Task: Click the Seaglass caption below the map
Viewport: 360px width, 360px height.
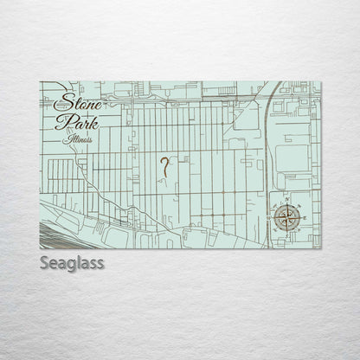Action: (x=71, y=262)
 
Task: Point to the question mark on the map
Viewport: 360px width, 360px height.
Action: (x=163, y=166)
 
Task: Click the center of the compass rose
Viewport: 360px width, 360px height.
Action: (x=287, y=217)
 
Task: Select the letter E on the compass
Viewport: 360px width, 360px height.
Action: (x=301, y=217)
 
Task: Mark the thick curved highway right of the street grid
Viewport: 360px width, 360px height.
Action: (x=265, y=130)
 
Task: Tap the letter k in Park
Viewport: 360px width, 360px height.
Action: (x=93, y=121)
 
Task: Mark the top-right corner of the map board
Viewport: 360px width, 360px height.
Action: (x=320, y=82)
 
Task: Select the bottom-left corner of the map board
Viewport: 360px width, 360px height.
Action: (x=40, y=248)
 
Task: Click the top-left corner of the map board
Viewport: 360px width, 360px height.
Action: (x=40, y=82)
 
